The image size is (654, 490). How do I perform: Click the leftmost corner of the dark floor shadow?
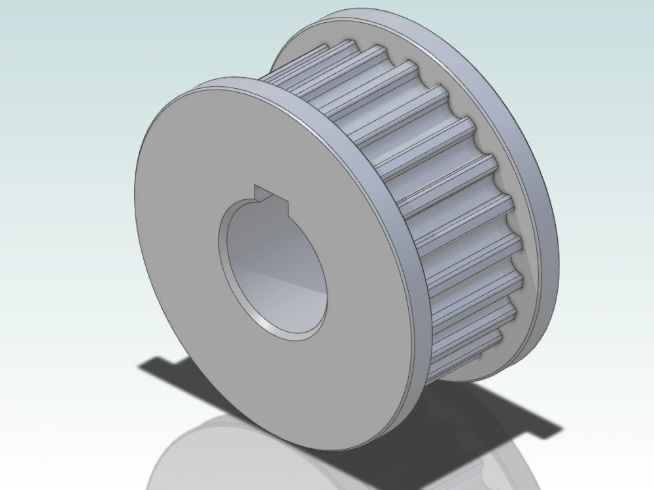[x=139, y=367]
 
